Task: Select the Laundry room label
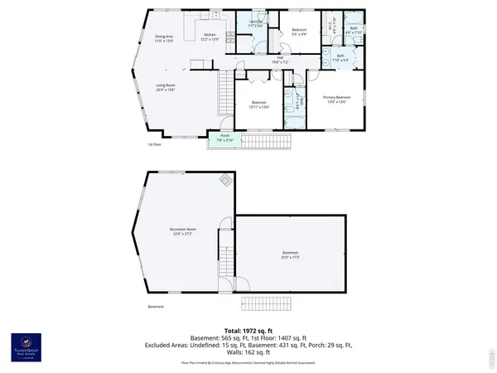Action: (256, 26)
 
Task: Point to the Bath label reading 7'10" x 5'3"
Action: (340, 58)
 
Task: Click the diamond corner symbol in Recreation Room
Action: (224, 180)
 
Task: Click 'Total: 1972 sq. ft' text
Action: (248, 330)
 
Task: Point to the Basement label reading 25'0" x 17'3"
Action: (289, 254)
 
